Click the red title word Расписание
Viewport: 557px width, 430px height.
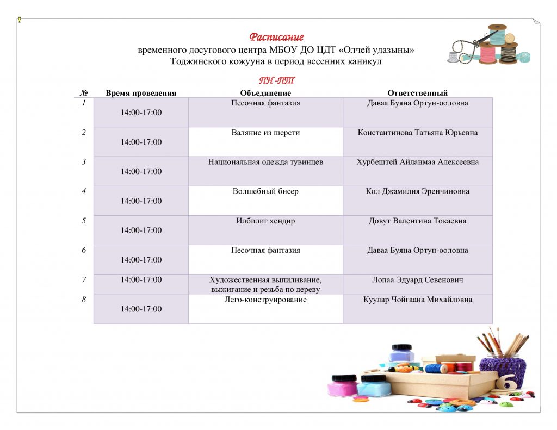276,37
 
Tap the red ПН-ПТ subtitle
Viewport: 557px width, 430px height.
277,80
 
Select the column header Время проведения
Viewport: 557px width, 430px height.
141,93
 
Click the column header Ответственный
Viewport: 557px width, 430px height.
417,93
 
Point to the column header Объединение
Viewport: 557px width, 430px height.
265,93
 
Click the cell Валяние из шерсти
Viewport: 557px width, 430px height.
265,133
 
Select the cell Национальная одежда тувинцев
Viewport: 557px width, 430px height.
265,163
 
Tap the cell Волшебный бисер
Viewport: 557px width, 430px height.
265,191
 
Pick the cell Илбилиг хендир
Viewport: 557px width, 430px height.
265,221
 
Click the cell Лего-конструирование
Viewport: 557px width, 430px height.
265,300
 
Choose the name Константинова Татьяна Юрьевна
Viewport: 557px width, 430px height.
417,133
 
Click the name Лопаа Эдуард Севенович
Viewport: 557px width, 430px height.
417,280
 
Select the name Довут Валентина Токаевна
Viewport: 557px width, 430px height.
417,221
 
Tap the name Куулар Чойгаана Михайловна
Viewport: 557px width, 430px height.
417,300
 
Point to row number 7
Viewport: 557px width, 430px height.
84,280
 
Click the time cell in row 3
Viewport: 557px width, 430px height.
141,171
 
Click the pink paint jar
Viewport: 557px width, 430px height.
343,385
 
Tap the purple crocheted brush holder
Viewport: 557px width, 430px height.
503,372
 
